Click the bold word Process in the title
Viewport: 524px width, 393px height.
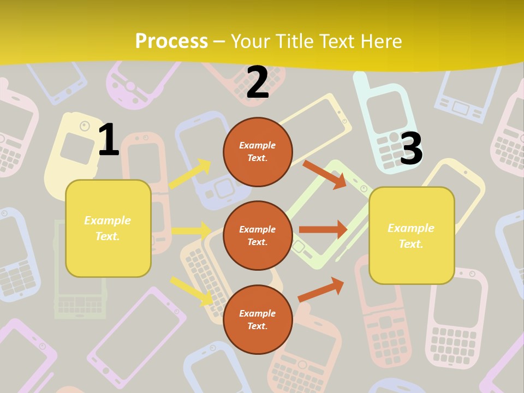coord(171,41)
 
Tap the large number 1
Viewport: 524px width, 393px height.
coord(109,140)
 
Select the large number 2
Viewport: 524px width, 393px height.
coord(258,82)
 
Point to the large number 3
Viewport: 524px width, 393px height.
coord(412,148)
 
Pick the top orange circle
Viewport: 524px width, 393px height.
coord(258,152)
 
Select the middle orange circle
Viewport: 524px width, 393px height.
coord(258,235)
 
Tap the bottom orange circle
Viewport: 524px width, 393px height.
coord(258,319)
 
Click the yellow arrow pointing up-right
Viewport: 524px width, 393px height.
coord(190,174)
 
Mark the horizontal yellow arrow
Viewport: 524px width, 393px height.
coord(192,230)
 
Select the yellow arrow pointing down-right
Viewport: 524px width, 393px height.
coord(192,290)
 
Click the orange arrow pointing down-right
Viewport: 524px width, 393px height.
coord(324,174)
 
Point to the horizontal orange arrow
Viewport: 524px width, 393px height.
coord(323,230)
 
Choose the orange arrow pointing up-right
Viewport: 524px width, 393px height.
coord(321,289)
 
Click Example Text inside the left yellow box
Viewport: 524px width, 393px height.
coord(108,228)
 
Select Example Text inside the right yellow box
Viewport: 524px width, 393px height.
coord(411,236)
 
